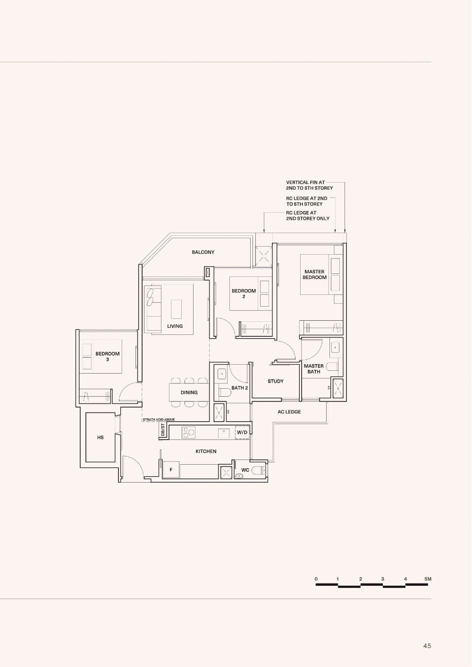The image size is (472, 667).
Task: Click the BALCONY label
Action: tap(203, 252)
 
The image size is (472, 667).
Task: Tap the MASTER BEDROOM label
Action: tap(314, 275)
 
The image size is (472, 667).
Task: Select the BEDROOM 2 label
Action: tap(244, 293)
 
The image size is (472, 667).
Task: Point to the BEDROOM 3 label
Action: tap(108, 356)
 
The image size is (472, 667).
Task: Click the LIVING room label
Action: tap(175, 326)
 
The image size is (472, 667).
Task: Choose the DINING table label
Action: tap(189, 392)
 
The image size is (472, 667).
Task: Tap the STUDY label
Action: tap(276, 381)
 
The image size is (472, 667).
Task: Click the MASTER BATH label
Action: tap(314, 368)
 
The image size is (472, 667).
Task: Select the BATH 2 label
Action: tap(240, 388)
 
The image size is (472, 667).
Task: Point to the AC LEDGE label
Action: tap(289, 412)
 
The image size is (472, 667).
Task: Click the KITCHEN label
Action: tap(206, 451)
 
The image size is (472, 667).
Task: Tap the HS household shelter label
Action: tap(100, 438)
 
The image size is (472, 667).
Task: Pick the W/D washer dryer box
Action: tap(242, 432)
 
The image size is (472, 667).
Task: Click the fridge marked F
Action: tap(171, 470)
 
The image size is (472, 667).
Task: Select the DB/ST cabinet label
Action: tap(163, 430)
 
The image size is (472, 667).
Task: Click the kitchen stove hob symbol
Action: tap(189, 432)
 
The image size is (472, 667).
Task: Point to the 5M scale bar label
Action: tap(428, 579)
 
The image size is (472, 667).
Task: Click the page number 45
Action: tap(427, 646)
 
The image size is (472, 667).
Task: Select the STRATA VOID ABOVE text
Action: tap(159, 419)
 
